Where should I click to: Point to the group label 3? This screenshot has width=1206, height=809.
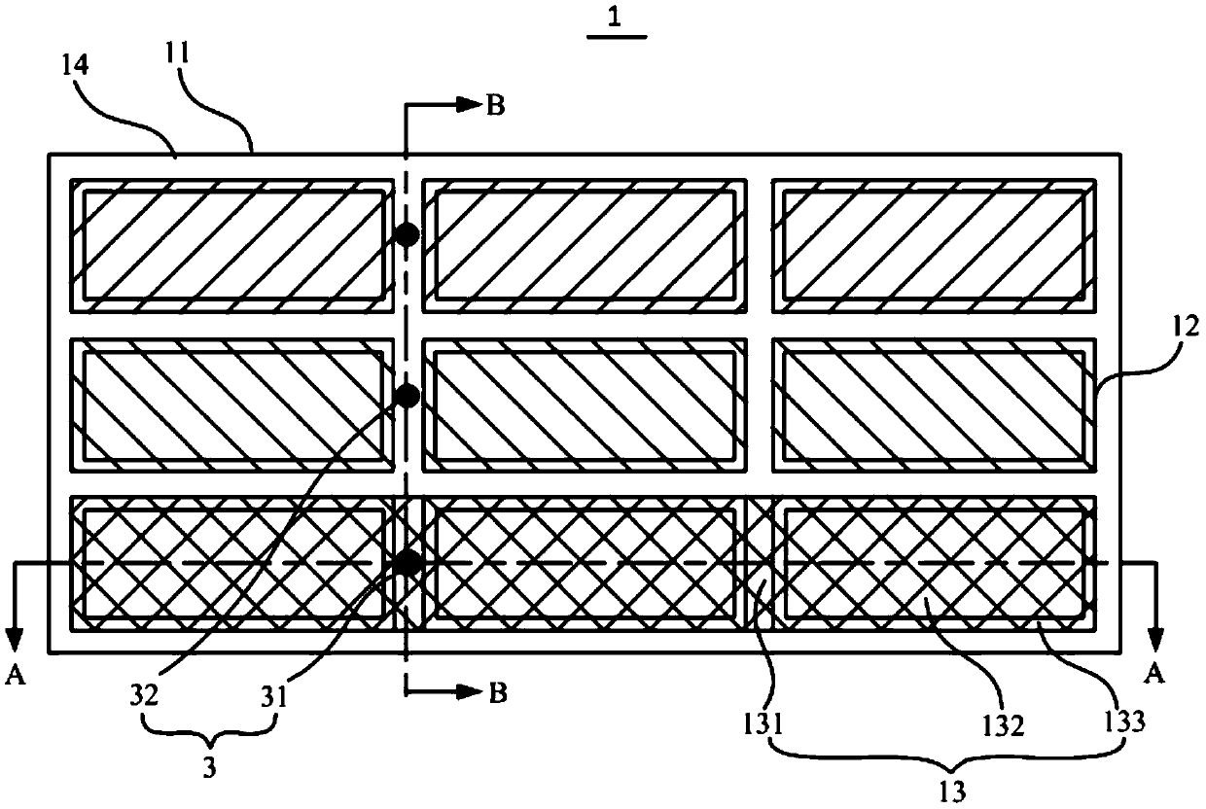pyautogui.click(x=210, y=766)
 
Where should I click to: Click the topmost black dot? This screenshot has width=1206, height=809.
pyautogui.click(x=406, y=234)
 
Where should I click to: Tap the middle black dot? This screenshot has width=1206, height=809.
pyautogui.click(x=406, y=395)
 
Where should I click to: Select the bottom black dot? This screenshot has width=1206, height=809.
pyautogui.click(x=406, y=562)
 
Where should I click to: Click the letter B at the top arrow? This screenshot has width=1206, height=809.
pyautogui.click(x=495, y=106)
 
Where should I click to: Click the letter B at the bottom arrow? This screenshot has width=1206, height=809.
pyautogui.click(x=495, y=692)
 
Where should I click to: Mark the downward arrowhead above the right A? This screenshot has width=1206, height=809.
pyautogui.click(x=1155, y=639)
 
